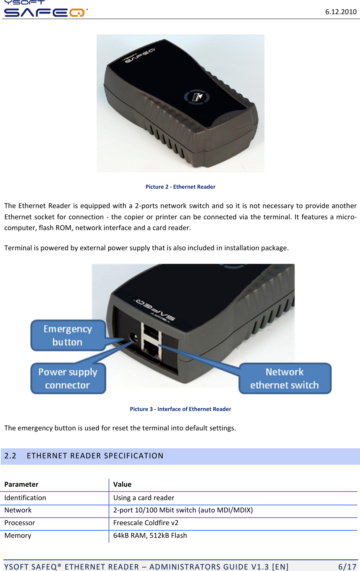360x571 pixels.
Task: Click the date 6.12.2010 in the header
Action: [x=341, y=12]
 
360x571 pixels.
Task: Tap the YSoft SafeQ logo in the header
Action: [x=45, y=9]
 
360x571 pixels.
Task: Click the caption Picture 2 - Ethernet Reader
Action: [x=180, y=187]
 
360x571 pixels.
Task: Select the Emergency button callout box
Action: [x=68, y=335]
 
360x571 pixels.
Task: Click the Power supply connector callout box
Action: [x=68, y=379]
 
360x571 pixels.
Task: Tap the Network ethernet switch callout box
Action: [x=285, y=379]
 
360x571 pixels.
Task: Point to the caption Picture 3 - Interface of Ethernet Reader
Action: [x=180, y=409]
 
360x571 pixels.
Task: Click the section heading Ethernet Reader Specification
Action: [x=95, y=456]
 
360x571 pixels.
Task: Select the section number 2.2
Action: [x=10, y=456]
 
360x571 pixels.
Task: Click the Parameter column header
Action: [x=21, y=484]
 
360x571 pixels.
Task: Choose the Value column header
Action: [x=122, y=484]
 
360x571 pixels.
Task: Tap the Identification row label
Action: [x=25, y=498]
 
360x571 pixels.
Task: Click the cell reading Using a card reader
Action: [x=144, y=498]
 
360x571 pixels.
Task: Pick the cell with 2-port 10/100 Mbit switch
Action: [x=183, y=510]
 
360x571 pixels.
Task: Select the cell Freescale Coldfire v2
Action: [x=146, y=523]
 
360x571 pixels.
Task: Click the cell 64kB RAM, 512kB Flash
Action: [x=150, y=536]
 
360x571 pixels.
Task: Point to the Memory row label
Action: [x=18, y=536]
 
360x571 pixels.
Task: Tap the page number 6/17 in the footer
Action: [x=347, y=567]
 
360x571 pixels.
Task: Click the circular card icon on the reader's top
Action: [x=197, y=97]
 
